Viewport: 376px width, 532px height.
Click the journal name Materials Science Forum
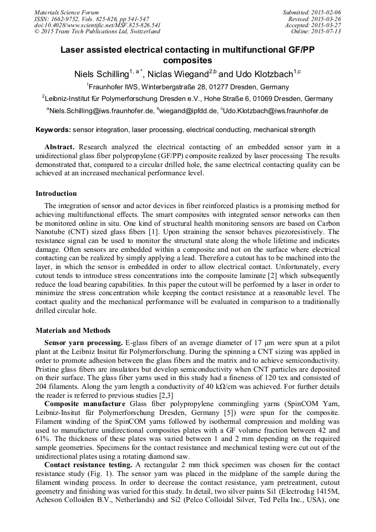67,12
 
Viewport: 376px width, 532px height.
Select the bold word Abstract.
59,147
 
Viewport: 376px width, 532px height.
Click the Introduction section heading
56,194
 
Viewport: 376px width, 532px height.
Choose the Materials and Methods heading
73,331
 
